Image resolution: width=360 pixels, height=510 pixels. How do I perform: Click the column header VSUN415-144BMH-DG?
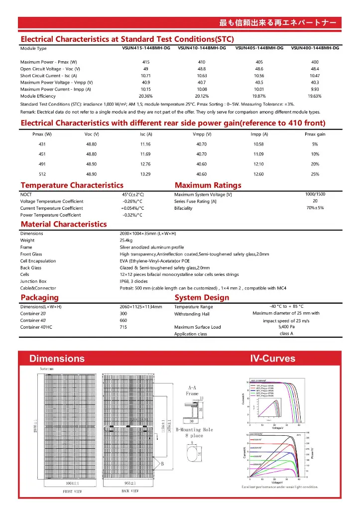[145, 48]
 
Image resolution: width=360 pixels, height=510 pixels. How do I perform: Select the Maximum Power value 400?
[315, 62]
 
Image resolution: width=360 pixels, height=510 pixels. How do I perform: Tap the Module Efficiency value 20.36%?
[145, 96]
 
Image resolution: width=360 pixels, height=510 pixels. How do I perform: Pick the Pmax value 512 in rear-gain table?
[42, 174]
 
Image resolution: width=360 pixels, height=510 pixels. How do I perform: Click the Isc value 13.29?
[145, 174]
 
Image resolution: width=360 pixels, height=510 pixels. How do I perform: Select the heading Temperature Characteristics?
[72, 185]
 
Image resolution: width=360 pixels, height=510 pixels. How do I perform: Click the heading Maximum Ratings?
[208, 185]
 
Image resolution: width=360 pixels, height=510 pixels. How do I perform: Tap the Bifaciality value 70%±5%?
[315, 208]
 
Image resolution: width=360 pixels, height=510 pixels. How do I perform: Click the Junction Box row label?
[33, 281]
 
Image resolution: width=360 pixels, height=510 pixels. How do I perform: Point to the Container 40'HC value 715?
[123, 327]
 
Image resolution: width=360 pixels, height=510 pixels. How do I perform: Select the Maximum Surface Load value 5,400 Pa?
[286, 327]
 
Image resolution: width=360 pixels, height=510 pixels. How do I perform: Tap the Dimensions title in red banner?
[57, 359]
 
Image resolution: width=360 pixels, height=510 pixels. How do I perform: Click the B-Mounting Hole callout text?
[194, 429]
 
